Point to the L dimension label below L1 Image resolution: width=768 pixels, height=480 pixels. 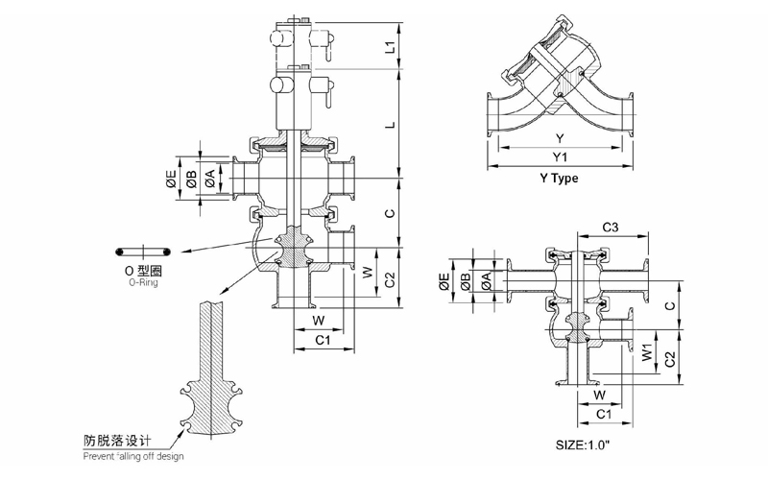click(x=390, y=125)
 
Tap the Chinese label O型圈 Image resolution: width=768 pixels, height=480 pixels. click(x=143, y=272)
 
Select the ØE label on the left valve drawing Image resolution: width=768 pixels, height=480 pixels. click(x=172, y=180)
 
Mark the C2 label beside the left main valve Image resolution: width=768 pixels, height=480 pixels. click(x=390, y=279)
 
